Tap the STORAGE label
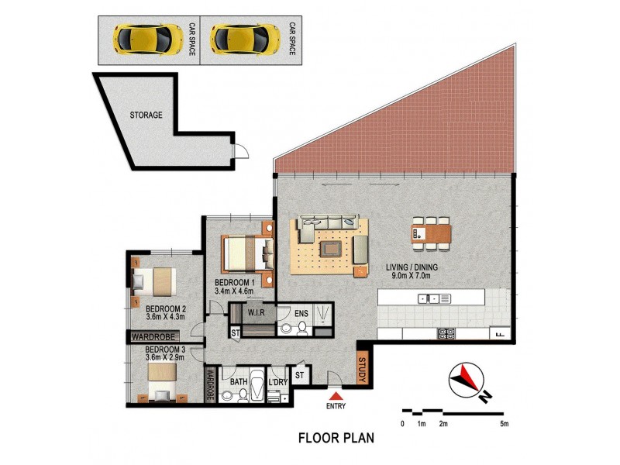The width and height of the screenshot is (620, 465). pos(146,115)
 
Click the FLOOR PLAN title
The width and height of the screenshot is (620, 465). pos(336,437)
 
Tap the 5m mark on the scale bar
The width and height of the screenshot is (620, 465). pos(504,423)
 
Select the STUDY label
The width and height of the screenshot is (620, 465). pos(362,368)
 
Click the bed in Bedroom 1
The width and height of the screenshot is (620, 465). pos(248,252)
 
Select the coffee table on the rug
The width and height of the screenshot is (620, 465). pos(329,248)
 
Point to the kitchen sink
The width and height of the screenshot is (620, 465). pos(428,298)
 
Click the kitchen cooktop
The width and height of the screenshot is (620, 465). pos(446,334)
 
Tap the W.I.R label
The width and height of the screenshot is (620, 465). pos(257,313)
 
